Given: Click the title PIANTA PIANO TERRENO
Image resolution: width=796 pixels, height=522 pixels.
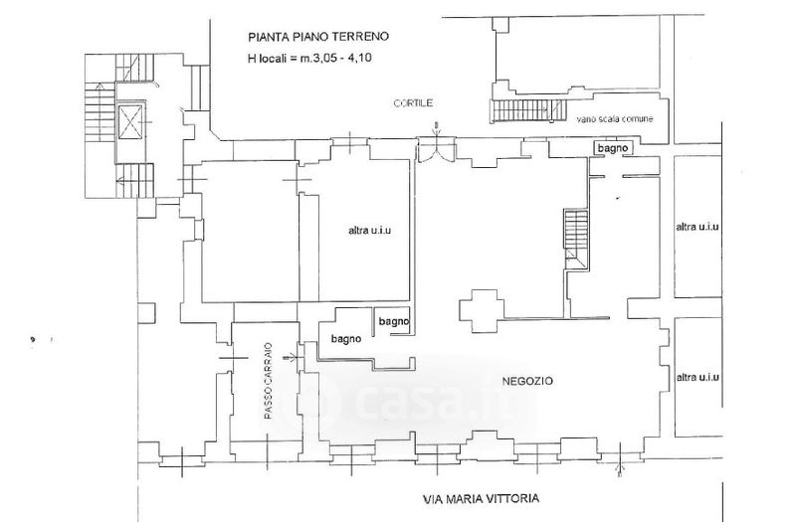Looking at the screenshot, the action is (318, 37).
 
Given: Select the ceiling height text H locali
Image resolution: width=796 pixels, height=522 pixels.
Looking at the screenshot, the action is (309, 58).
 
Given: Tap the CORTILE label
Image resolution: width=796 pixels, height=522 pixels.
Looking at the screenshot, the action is (413, 103).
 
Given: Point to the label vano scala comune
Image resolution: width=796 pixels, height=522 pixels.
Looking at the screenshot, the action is (614, 119).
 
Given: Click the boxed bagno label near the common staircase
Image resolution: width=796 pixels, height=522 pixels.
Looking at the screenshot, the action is (613, 148).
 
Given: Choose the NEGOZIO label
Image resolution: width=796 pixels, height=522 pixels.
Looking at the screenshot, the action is (527, 381).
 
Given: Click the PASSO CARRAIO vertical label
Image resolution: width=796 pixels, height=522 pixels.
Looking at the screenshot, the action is (268, 381).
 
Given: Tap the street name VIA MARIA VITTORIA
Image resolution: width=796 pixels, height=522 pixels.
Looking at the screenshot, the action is (482, 498).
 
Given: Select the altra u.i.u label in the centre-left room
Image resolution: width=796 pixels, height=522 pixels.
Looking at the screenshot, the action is (369, 231).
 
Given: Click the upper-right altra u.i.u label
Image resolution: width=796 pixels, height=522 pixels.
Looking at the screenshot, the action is (697, 227).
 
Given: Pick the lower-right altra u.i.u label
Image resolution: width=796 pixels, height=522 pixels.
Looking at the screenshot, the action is (697, 377).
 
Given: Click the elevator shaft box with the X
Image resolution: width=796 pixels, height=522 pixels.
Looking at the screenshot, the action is (129, 122).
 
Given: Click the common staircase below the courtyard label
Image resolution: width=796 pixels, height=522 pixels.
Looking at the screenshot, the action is (527, 110).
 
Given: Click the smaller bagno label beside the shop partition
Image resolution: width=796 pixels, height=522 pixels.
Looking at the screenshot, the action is (394, 321).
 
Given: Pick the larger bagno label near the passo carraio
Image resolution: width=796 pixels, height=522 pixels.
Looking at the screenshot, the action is (346, 338).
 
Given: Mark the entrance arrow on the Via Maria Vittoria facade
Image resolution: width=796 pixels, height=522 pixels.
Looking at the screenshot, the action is (619, 460).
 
